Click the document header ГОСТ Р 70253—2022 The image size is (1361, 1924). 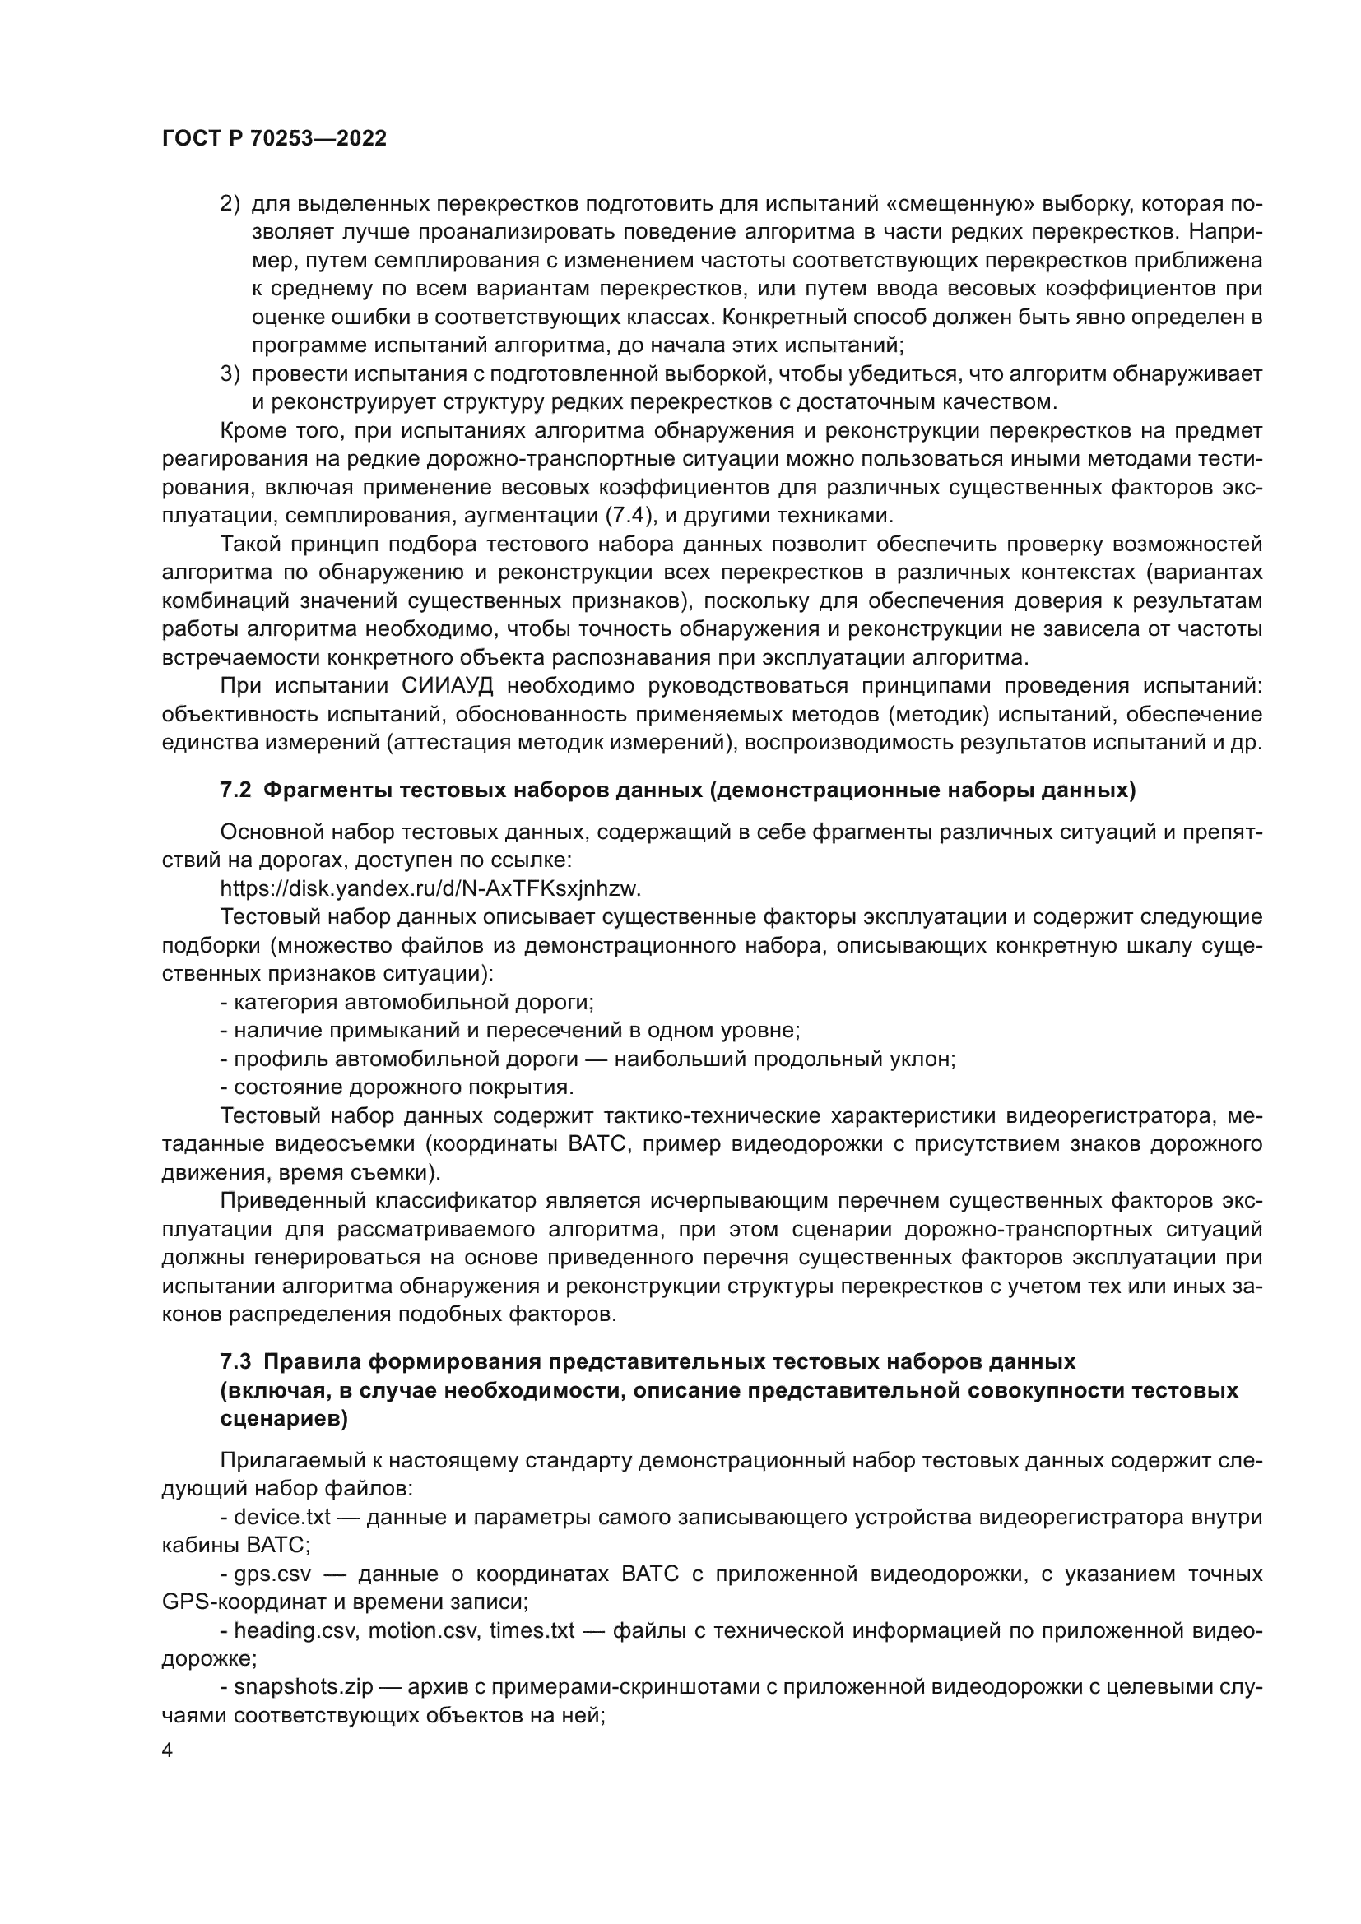274,139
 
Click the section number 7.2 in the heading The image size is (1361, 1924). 235,790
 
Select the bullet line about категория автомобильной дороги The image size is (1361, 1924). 407,1002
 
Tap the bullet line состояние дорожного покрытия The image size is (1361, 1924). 397,1087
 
